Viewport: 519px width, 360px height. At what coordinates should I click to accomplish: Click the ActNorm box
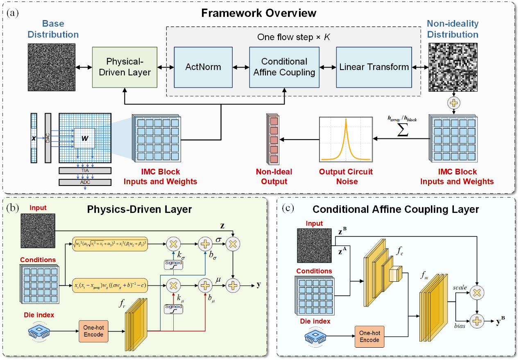tap(203, 67)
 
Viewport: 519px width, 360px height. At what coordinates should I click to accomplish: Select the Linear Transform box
tap(374, 67)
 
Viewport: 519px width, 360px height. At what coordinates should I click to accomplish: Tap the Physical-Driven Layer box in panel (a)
tap(125, 67)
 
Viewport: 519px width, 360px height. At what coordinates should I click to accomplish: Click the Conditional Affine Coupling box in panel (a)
tap(284, 67)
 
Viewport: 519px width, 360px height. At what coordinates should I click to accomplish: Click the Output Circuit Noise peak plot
tap(346, 139)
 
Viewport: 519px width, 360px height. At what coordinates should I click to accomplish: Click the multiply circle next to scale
tap(477, 291)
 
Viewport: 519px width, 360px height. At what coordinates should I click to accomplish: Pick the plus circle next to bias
tap(477, 321)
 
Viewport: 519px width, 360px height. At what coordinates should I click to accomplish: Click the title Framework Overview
tap(258, 13)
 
